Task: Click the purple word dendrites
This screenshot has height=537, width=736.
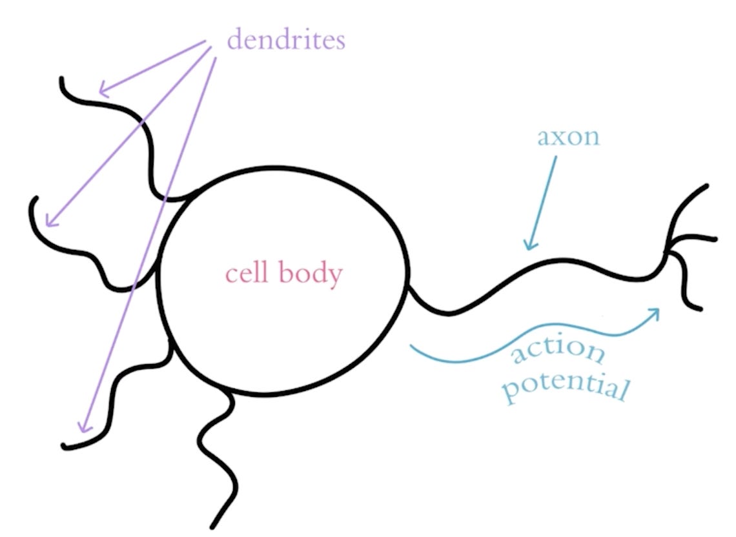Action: [x=286, y=40]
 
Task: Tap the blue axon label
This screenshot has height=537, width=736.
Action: [x=568, y=137]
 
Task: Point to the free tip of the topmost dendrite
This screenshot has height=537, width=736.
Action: [x=61, y=79]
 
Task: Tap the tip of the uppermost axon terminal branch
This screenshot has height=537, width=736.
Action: [x=706, y=186]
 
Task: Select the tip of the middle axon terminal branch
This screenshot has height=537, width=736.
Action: [x=715, y=239]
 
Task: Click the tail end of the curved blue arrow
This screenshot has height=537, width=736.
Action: [x=411, y=347]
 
